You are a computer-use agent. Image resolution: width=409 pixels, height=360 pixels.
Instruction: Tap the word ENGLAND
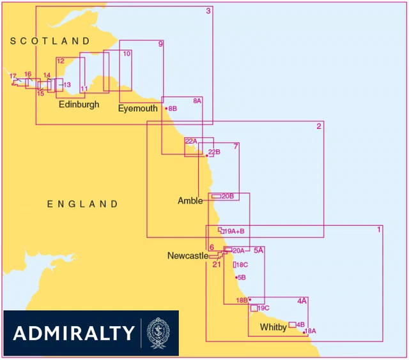click(82, 204)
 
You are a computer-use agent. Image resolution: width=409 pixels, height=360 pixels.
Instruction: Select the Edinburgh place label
click(79, 104)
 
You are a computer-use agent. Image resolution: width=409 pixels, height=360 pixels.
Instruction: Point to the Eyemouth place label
click(137, 109)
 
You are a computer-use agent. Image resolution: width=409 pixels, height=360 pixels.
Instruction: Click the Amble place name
click(190, 200)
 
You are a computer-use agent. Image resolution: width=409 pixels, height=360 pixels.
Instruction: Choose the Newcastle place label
click(187, 256)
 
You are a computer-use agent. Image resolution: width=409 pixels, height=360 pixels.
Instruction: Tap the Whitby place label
click(273, 327)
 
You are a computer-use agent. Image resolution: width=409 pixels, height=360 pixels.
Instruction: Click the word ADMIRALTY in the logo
click(73, 333)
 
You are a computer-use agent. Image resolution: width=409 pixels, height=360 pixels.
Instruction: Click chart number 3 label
click(208, 11)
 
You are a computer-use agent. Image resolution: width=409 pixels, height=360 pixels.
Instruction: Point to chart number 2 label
click(319, 126)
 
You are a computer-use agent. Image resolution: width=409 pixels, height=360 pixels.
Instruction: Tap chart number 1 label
click(379, 229)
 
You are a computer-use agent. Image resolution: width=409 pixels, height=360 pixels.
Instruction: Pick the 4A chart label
click(302, 301)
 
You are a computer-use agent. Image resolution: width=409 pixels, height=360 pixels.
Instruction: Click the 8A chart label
click(197, 101)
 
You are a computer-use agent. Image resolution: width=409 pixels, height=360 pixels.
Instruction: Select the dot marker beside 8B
click(166, 109)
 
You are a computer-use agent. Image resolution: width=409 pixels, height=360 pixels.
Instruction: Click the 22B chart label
click(214, 152)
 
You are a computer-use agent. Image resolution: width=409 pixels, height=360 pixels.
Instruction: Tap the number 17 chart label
click(13, 77)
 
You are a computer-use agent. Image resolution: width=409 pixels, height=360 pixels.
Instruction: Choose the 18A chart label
click(311, 331)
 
